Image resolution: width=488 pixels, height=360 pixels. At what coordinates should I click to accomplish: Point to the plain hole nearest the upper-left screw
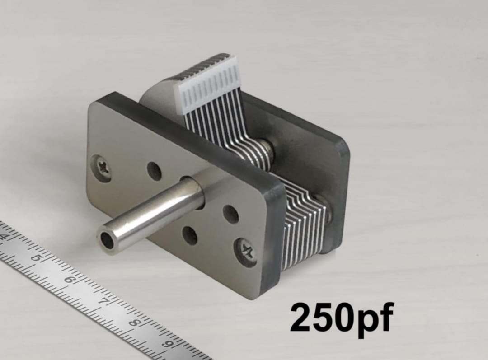pos(155,171)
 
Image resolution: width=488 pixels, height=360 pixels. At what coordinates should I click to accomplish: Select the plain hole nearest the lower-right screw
pos(231,214)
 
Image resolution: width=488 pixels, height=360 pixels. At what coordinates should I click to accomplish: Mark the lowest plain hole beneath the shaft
pos(190,235)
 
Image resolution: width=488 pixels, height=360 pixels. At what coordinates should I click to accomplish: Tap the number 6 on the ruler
pos(69,279)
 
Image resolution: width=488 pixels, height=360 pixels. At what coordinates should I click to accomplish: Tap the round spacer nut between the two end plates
pos(269,151)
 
